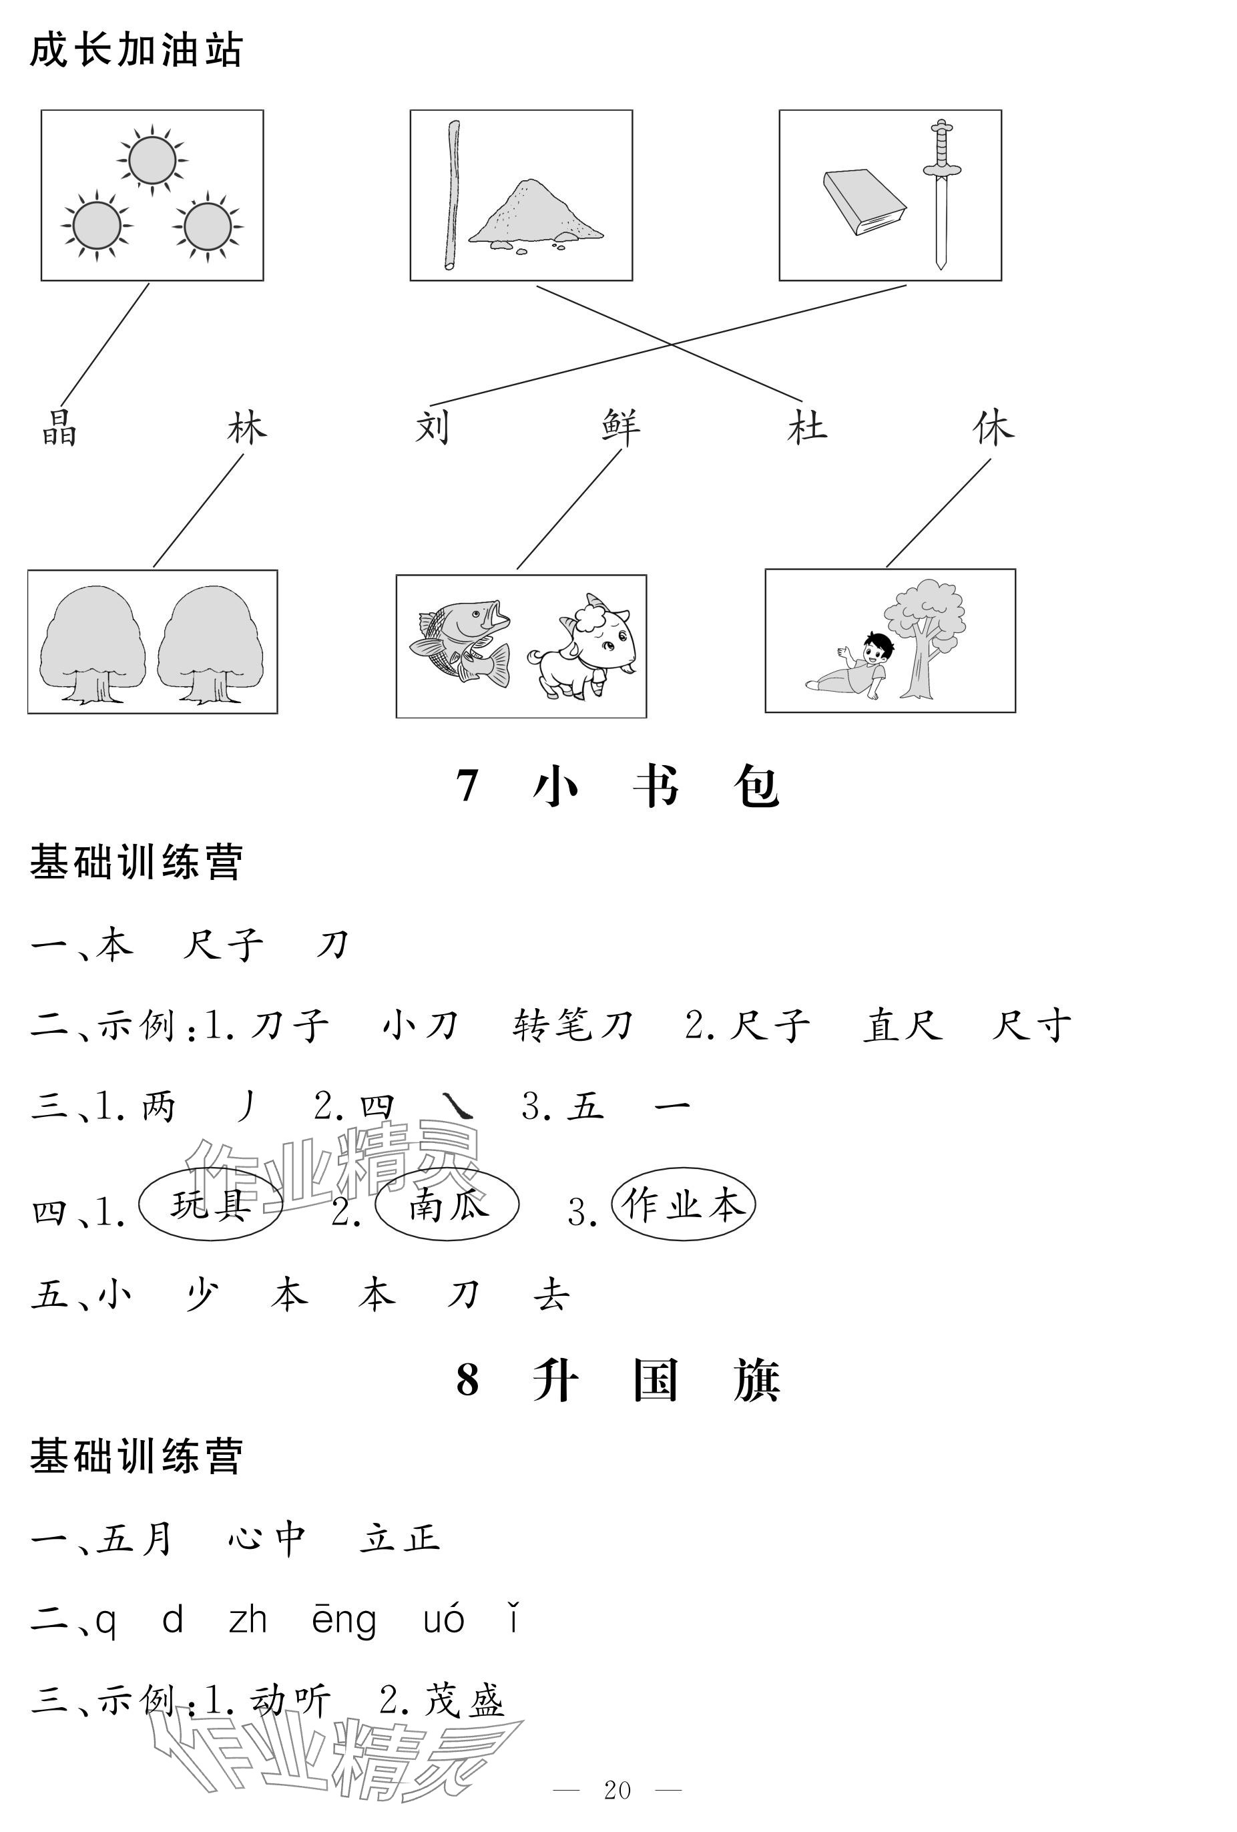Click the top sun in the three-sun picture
click(x=152, y=160)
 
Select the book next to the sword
click(x=864, y=202)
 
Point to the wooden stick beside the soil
click(x=453, y=195)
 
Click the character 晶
click(x=60, y=428)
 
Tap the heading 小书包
click(x=656, y=786)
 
